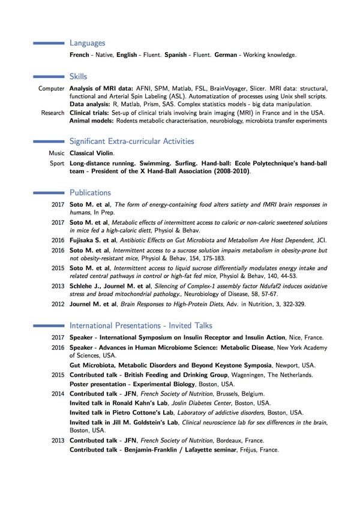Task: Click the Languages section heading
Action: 87,43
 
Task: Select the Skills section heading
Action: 78,77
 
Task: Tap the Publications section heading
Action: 90,193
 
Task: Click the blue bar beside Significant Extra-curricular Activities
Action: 47,141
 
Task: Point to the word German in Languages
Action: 226,55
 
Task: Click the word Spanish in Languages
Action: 176,55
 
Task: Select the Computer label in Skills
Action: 52,89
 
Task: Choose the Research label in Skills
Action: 52,113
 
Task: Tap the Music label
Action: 57,153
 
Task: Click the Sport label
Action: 57,163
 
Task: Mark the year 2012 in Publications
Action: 58,305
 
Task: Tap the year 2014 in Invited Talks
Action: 58,394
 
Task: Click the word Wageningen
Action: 248,375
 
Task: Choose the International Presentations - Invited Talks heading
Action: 140,326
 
